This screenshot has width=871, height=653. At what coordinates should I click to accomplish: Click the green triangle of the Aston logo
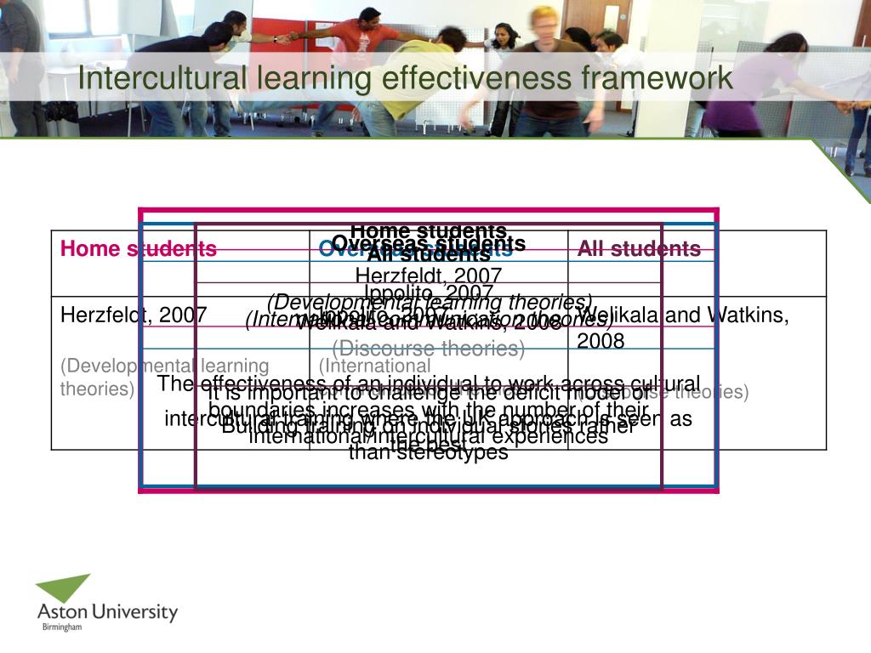point(65,588)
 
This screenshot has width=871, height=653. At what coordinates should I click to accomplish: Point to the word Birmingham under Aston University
point(62,627)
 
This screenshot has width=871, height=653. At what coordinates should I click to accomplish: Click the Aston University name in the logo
point(107,611)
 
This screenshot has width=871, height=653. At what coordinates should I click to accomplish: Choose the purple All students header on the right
point(639,249)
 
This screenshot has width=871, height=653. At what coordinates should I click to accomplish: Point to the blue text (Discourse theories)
point(428,349)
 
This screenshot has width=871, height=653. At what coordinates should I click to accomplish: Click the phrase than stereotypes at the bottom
point(428,452)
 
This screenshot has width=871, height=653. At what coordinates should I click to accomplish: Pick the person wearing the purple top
point(749,85)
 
